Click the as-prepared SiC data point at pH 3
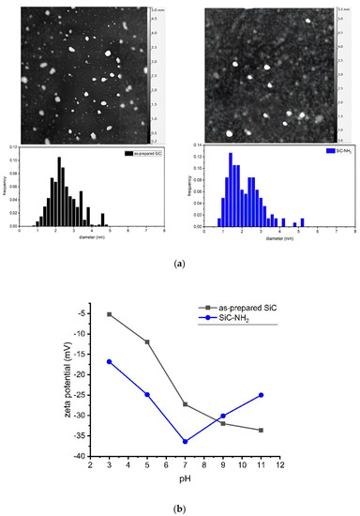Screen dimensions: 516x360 click(x=110, y=314)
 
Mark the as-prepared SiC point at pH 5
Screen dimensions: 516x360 click(x=147, y=341)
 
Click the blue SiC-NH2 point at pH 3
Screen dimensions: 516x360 click(x=110, y=361)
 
